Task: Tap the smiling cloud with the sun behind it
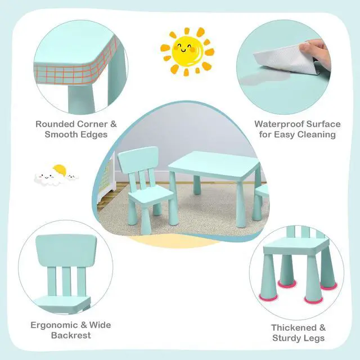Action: pos(51,177)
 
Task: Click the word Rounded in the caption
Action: pos(55,124)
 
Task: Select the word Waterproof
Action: pos(279,124)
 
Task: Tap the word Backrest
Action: pos(71,335)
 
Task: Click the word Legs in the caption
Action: pos(314,339)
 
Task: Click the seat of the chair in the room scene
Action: pos(150,196)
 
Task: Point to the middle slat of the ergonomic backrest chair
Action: pos(66,282)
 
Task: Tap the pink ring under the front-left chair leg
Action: pos(268,297)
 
